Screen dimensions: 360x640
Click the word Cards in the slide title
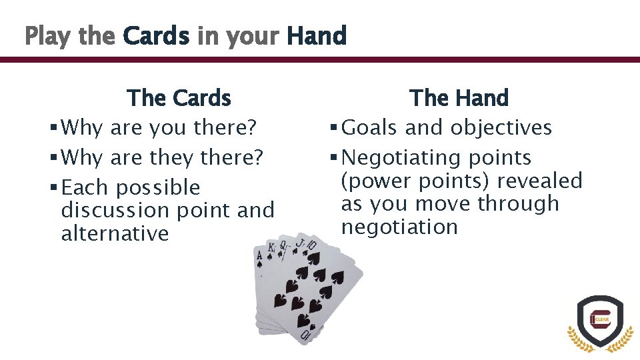pos(156,35)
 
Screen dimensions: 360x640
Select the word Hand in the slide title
pos(317,35)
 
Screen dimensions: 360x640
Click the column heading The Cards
pos(179,98)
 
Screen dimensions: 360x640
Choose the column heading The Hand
pos(459,98)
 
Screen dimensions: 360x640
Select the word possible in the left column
pos(158,188)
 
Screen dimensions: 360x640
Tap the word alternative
pos(115,233)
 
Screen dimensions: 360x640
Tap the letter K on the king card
pos(271,249)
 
